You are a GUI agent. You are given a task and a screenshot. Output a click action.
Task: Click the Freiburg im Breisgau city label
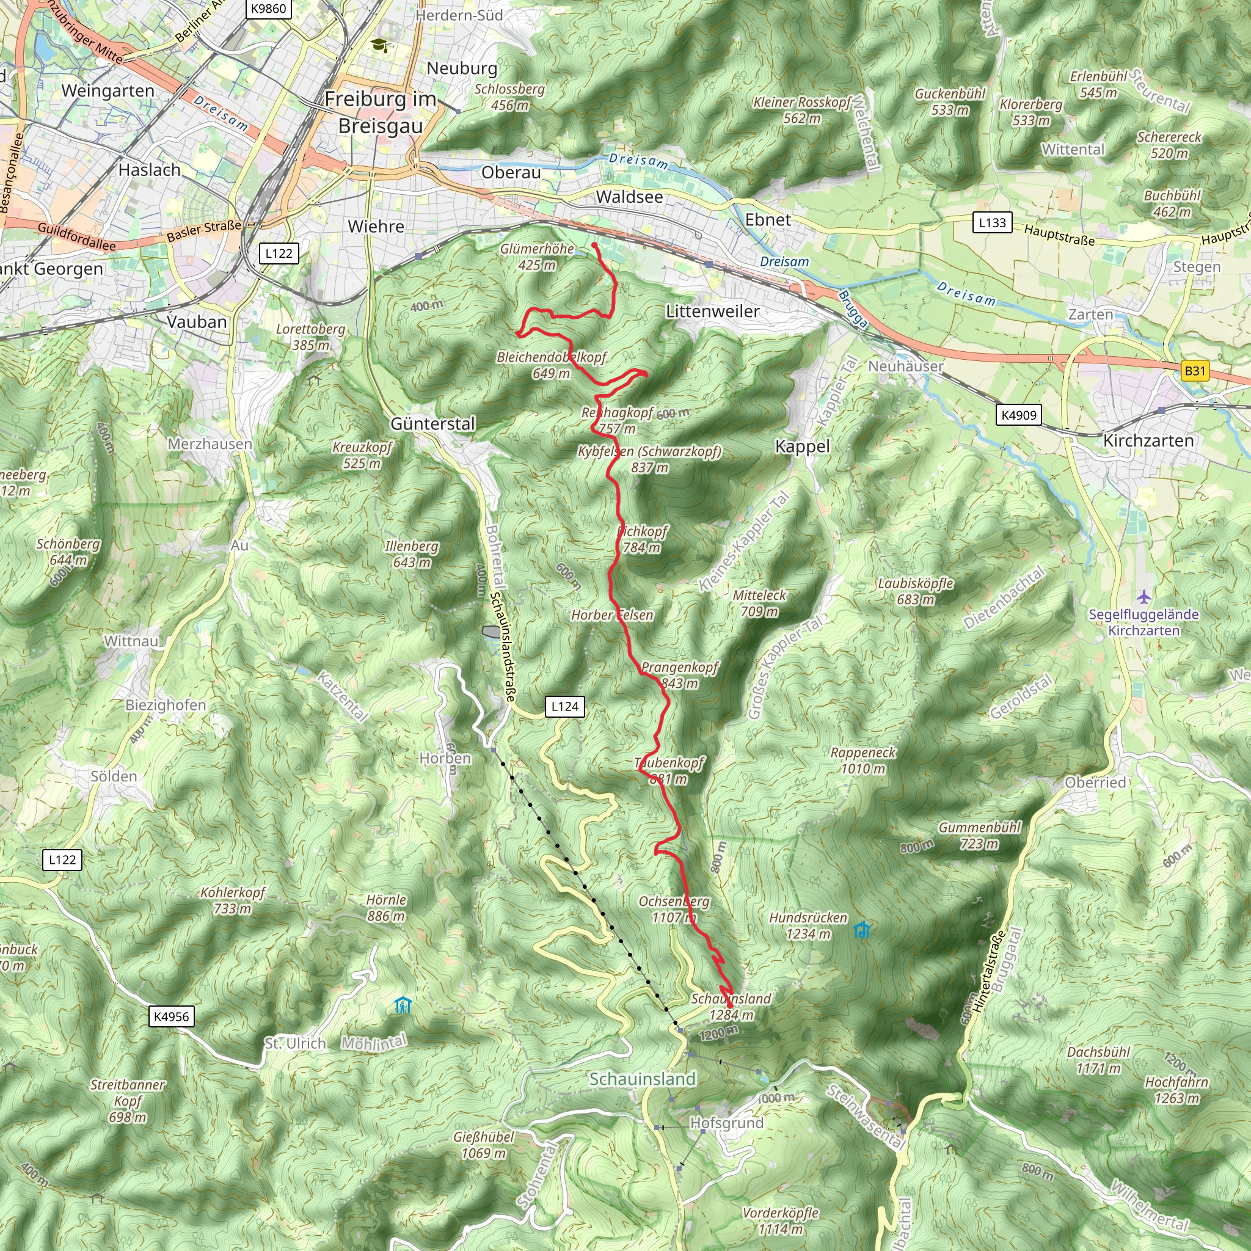point(381,112)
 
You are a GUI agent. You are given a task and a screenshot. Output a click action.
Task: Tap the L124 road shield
point(564,707)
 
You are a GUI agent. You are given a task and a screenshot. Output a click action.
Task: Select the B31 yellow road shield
point(1195,371)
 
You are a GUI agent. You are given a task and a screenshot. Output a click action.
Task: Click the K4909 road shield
point(1018,415)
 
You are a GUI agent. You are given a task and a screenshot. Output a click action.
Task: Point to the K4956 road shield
point(171,1016)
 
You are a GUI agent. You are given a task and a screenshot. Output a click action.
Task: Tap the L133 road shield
point(992,223)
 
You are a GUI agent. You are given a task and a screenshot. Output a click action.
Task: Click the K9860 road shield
point(268,9)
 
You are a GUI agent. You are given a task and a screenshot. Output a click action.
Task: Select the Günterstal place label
point(432,423)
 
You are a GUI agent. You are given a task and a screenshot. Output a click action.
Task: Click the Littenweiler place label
point(712,312)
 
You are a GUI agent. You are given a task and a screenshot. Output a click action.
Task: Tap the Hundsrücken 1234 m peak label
point(808,926)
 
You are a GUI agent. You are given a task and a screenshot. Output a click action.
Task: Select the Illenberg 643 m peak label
point(412,554)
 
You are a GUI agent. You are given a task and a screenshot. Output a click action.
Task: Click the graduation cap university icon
point(378,45)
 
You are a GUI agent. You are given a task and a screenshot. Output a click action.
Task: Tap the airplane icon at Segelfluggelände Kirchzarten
point(1144,596)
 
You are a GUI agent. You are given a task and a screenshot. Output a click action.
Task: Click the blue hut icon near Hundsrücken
point(861,930)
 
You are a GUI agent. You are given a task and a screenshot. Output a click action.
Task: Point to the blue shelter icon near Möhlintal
point(403,1005)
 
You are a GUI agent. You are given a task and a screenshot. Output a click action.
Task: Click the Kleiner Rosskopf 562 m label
point(801,110)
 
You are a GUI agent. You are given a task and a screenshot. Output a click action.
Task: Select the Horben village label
point(445,758)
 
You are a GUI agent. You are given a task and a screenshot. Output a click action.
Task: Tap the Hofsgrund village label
point(726,1123)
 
